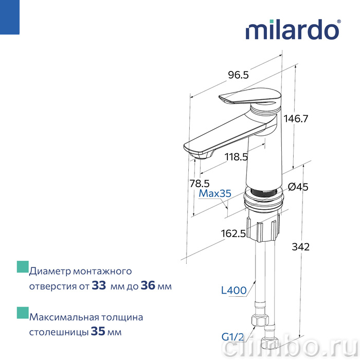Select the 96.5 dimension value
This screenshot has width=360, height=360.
(238, 75)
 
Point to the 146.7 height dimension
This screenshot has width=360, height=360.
(296, 119)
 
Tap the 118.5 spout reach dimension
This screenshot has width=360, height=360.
(236, 157)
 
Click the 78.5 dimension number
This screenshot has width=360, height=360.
(200, 184)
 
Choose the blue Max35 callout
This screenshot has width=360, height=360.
(215, 193)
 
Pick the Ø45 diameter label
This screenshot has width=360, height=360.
(298, 187)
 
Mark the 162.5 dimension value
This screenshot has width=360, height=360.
(233, 233)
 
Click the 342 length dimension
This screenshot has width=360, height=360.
(300, 247)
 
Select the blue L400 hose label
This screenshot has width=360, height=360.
(233, 291)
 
